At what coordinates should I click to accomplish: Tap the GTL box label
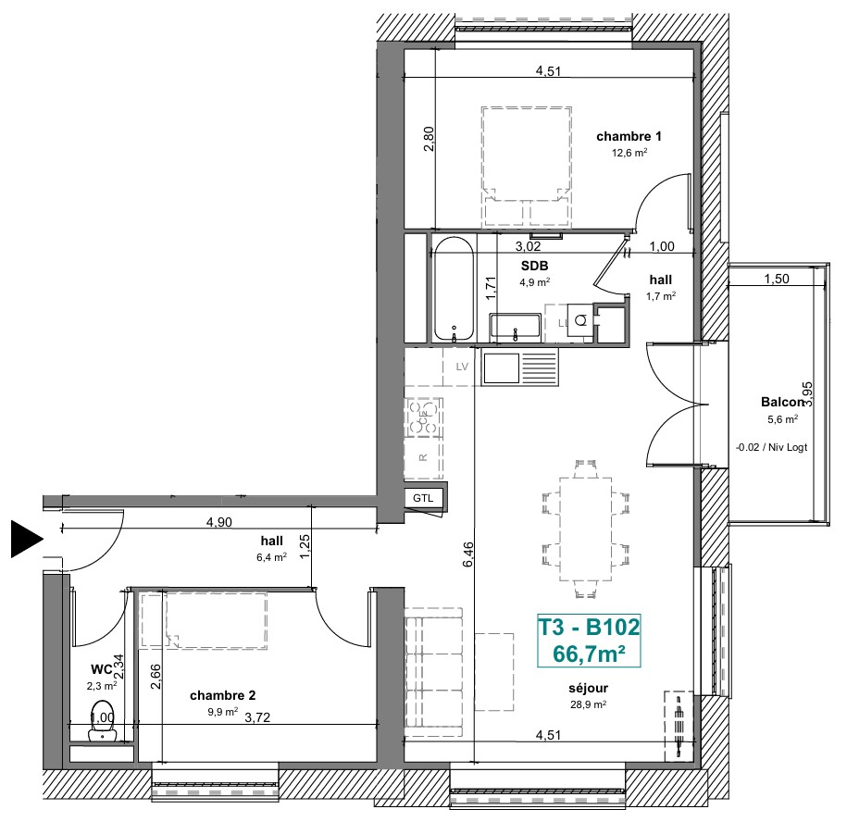(423, 498)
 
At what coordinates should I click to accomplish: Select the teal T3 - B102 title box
(589, 641)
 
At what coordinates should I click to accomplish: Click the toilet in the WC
(102, 720)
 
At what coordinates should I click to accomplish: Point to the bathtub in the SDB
(454, 290)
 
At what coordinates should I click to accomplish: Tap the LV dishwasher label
(462, 367)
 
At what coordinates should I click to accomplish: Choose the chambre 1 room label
(629, 137)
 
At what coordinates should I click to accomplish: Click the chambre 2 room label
(222, 695)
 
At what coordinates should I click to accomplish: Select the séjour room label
(588, 688)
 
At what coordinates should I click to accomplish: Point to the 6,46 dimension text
(467, 554)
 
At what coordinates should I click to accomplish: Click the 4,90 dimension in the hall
(219, 522)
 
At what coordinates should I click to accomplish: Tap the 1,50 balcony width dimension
(777, 279)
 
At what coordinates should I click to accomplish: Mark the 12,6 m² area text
(629, 153)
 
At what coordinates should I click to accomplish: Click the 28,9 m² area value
(588, 704)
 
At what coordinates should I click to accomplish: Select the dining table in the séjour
(586, 529)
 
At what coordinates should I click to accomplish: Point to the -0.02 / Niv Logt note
(771, 447)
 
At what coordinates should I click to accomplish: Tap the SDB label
(534, 266)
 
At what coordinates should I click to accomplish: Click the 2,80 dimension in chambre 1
(429, 139)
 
